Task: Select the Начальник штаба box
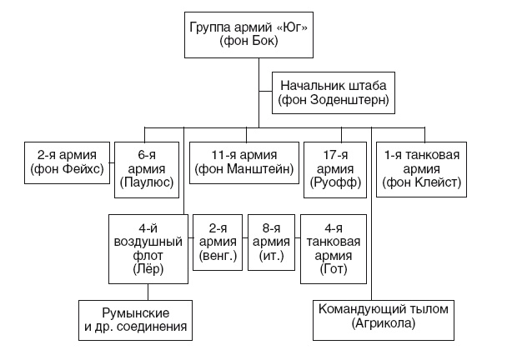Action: click(334, 93)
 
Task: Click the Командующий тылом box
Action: click(384, 317)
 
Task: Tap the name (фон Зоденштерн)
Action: click(334, 101)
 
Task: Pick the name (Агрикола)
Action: click(384, 325)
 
